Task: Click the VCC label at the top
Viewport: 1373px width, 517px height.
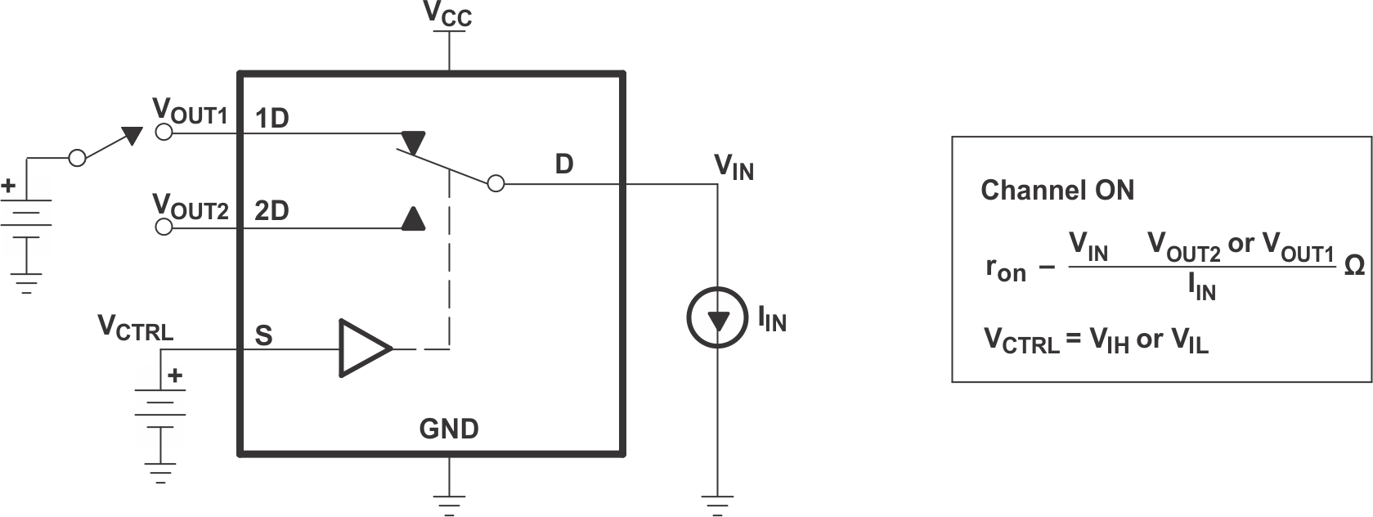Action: pos(447,14)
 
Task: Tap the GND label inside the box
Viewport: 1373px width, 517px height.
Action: pos(448,429)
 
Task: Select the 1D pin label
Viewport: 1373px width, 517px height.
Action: pos(271,119)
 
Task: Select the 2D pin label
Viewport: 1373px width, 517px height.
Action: pos(271,211)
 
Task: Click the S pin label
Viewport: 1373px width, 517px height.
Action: pos(263,335)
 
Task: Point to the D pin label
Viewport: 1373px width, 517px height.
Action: pos(563,164)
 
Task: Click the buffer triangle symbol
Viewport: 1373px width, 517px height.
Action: pos(363,348)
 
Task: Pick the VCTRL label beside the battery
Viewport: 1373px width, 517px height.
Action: pos(135,328)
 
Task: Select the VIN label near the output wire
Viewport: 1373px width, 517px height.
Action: pos(734,167)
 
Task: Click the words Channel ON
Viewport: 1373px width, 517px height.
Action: pos(1057,191)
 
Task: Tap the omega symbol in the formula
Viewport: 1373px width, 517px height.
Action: pos(1353,266)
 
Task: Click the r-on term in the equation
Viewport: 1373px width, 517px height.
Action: pos(1005,269)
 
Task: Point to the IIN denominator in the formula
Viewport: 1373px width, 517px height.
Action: pos(1201,287)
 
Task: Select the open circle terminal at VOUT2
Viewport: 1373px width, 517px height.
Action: pos(164,227)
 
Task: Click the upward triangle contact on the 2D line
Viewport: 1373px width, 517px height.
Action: pos(413,218)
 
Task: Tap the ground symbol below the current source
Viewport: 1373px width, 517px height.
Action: pos(717,504)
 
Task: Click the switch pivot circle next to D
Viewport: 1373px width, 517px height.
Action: pos(496,184)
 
